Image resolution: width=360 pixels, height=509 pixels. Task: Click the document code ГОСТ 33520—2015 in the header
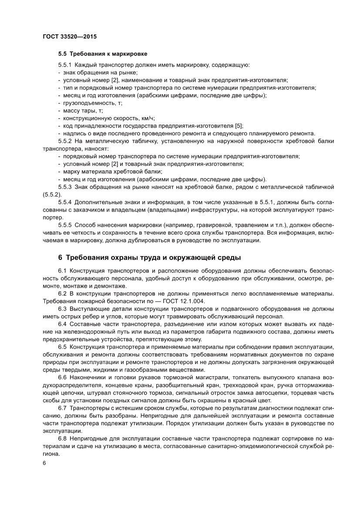coord(69,37)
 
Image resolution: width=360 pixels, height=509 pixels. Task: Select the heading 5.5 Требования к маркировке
coord(103,54)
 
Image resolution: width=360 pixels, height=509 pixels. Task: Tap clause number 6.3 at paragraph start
coord(63,309)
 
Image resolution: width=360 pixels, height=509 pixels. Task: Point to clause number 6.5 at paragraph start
coord(63,347)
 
